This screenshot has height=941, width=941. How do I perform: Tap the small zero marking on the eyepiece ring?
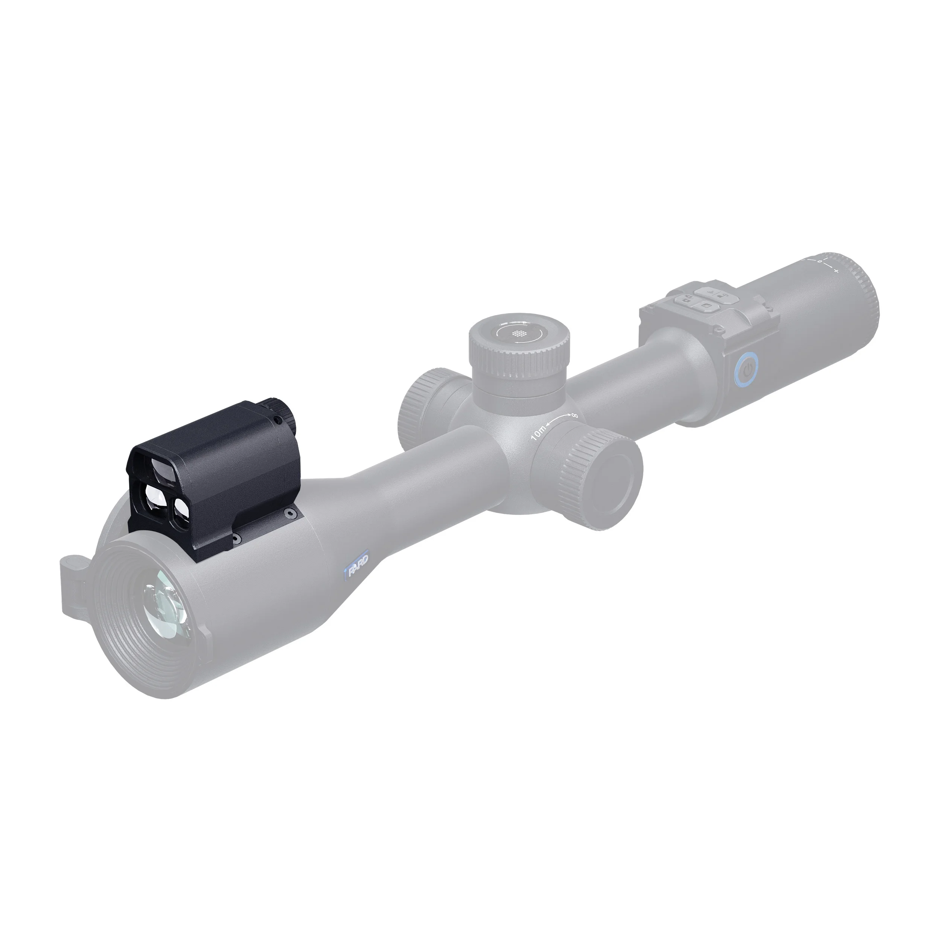(820, 262)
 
